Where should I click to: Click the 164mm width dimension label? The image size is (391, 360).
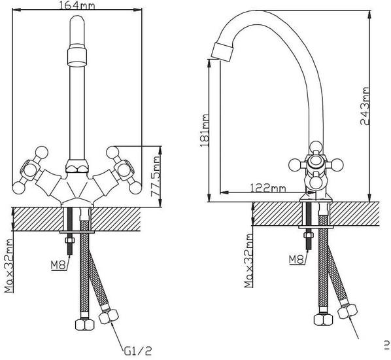(x=77, y=5)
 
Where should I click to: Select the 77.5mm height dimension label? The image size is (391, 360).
(x=156, y=177)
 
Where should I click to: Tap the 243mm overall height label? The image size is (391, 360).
(x=365, y=106)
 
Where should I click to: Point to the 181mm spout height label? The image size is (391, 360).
(x=205, y=130)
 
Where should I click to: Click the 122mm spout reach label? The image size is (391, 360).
(x=267, y=187)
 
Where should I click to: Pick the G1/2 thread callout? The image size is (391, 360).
(x=138, y=351)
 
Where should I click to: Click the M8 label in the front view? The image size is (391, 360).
(x=59, y=265)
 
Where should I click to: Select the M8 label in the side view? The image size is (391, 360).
(x=297, y=259)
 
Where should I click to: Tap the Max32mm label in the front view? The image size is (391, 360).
(x=9, y=266)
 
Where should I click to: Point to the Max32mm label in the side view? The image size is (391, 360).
(x=249, y=261)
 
